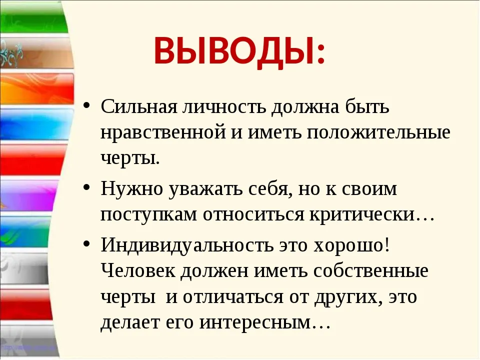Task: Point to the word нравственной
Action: click(x=163, y=133)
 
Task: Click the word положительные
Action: click(x=378, y=133)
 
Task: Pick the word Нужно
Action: click(x=132, y=188)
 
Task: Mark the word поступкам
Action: click(x=149, y=215)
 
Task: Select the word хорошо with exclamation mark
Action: click(x=351, y=245)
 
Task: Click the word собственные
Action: click(x=370, y=270)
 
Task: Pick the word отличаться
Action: click(x=233, y=297)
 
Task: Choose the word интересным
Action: click(x=265, y=322)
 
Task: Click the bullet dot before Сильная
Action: click(x=86, y=105)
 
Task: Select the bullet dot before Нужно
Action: click(x=86, y=187)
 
